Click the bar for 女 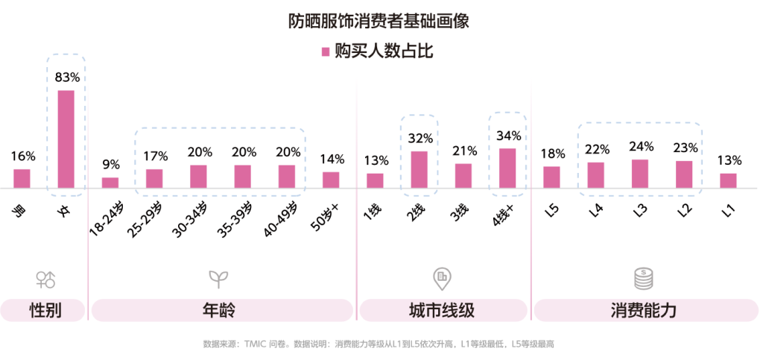coord(66,139)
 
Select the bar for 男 coord(22,179)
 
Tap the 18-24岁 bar coord(110,183)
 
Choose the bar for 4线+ coord(507,168)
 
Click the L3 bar coord(640,174)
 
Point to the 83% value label coord(67,78)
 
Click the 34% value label coord(507,136)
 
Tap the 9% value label coord(110,165)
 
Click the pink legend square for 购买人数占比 coord(325,51)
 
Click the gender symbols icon coord(45,280)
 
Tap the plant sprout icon coord(218,279)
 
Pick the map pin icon coord(442,278)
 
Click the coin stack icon coord(642,279)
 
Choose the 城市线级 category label coord(442,311)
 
